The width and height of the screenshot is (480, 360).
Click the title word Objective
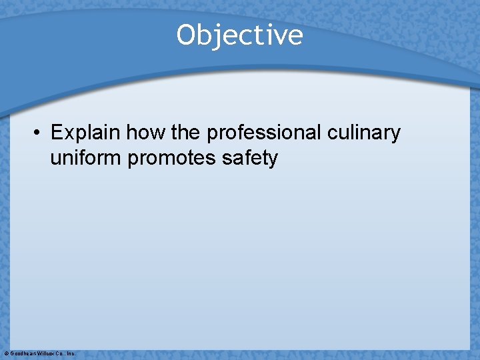[x=239, y=35]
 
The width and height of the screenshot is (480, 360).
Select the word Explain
[x=86, y=133]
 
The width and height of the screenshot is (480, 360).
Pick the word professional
[x=264, y=133]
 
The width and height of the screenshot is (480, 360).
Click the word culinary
[x=363, y=133]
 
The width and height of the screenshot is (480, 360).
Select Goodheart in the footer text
[x=22, y=353]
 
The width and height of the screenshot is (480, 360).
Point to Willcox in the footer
[x=45, y=353]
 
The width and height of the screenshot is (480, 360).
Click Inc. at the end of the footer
[x=71, y=353]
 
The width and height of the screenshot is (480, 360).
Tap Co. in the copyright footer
[x=60, y=353]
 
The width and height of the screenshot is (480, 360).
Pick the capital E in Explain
[x=57, y=133]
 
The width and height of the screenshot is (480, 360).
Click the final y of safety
[x=273, y=160]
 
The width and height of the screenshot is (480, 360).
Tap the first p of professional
[x=213, y=135]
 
